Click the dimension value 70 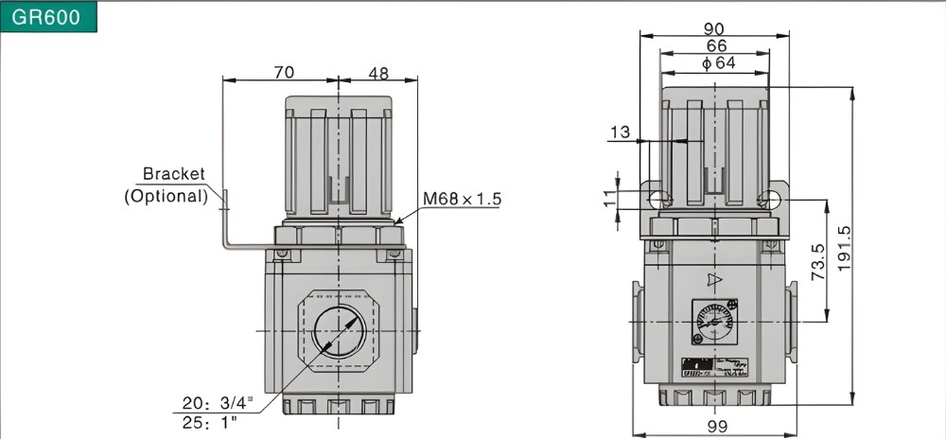click(282, 72)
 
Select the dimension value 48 click(378, 72)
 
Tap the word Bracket click(173, 174)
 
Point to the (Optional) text click(166, 196)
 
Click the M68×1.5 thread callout click(462, 199)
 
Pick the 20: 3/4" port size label click(219, 403)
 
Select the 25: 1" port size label click(210, 423)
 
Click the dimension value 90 click(714, 28)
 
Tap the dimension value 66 click(715, 45)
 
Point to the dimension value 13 click(620, 132)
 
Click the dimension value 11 click(607, 199)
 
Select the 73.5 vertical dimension click(820, 260)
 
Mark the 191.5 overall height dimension click(845, 246)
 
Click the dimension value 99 click(717, 426)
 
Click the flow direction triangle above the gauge click(715, 280)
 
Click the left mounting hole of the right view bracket click(657, 198)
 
